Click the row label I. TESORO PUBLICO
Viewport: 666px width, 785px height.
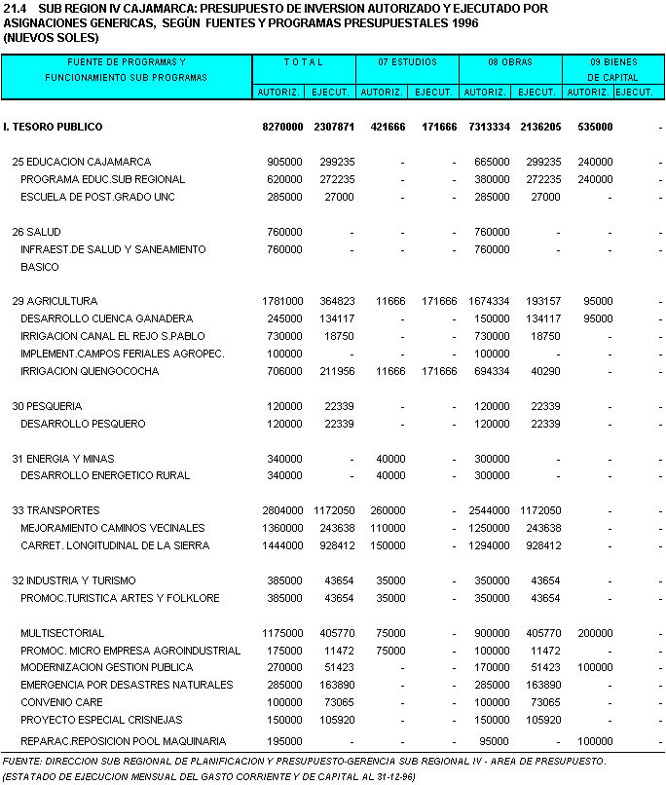(53, 127)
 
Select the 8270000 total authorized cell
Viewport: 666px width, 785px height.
(282, 127)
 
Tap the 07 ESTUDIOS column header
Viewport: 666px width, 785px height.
(407, 62)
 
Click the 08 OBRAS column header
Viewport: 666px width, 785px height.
(510, 62)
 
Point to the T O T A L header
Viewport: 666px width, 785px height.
(304, 62)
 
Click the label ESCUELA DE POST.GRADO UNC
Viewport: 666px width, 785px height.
(97, 197)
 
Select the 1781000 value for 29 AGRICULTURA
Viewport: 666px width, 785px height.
(284, 301)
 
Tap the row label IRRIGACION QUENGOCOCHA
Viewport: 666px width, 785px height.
(90, 371)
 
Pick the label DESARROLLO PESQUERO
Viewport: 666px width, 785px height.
(83, 424)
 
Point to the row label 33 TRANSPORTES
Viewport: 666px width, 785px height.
(55, 510)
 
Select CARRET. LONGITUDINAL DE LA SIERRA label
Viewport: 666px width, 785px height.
(115, 545)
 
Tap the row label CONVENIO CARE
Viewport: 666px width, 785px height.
(61, 701)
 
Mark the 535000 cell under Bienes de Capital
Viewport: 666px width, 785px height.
(594, 127)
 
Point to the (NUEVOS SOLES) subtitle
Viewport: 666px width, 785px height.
(51, 37)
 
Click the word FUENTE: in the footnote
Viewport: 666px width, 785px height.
(21, 761)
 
